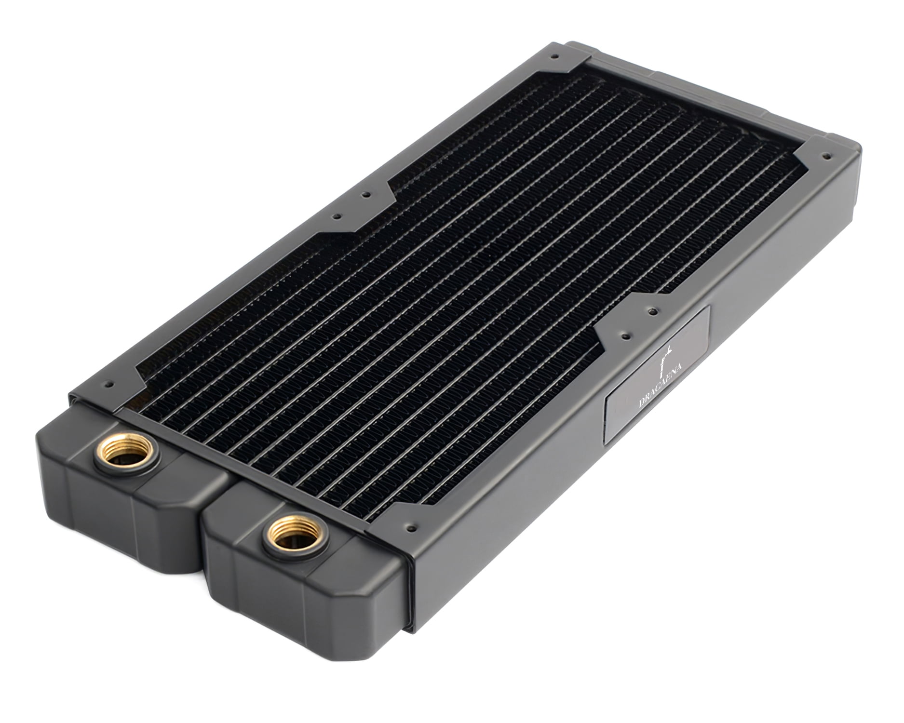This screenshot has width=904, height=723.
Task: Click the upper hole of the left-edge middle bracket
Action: [x=366, y=196]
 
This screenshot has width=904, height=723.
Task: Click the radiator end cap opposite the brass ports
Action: [x=723, y=77]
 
